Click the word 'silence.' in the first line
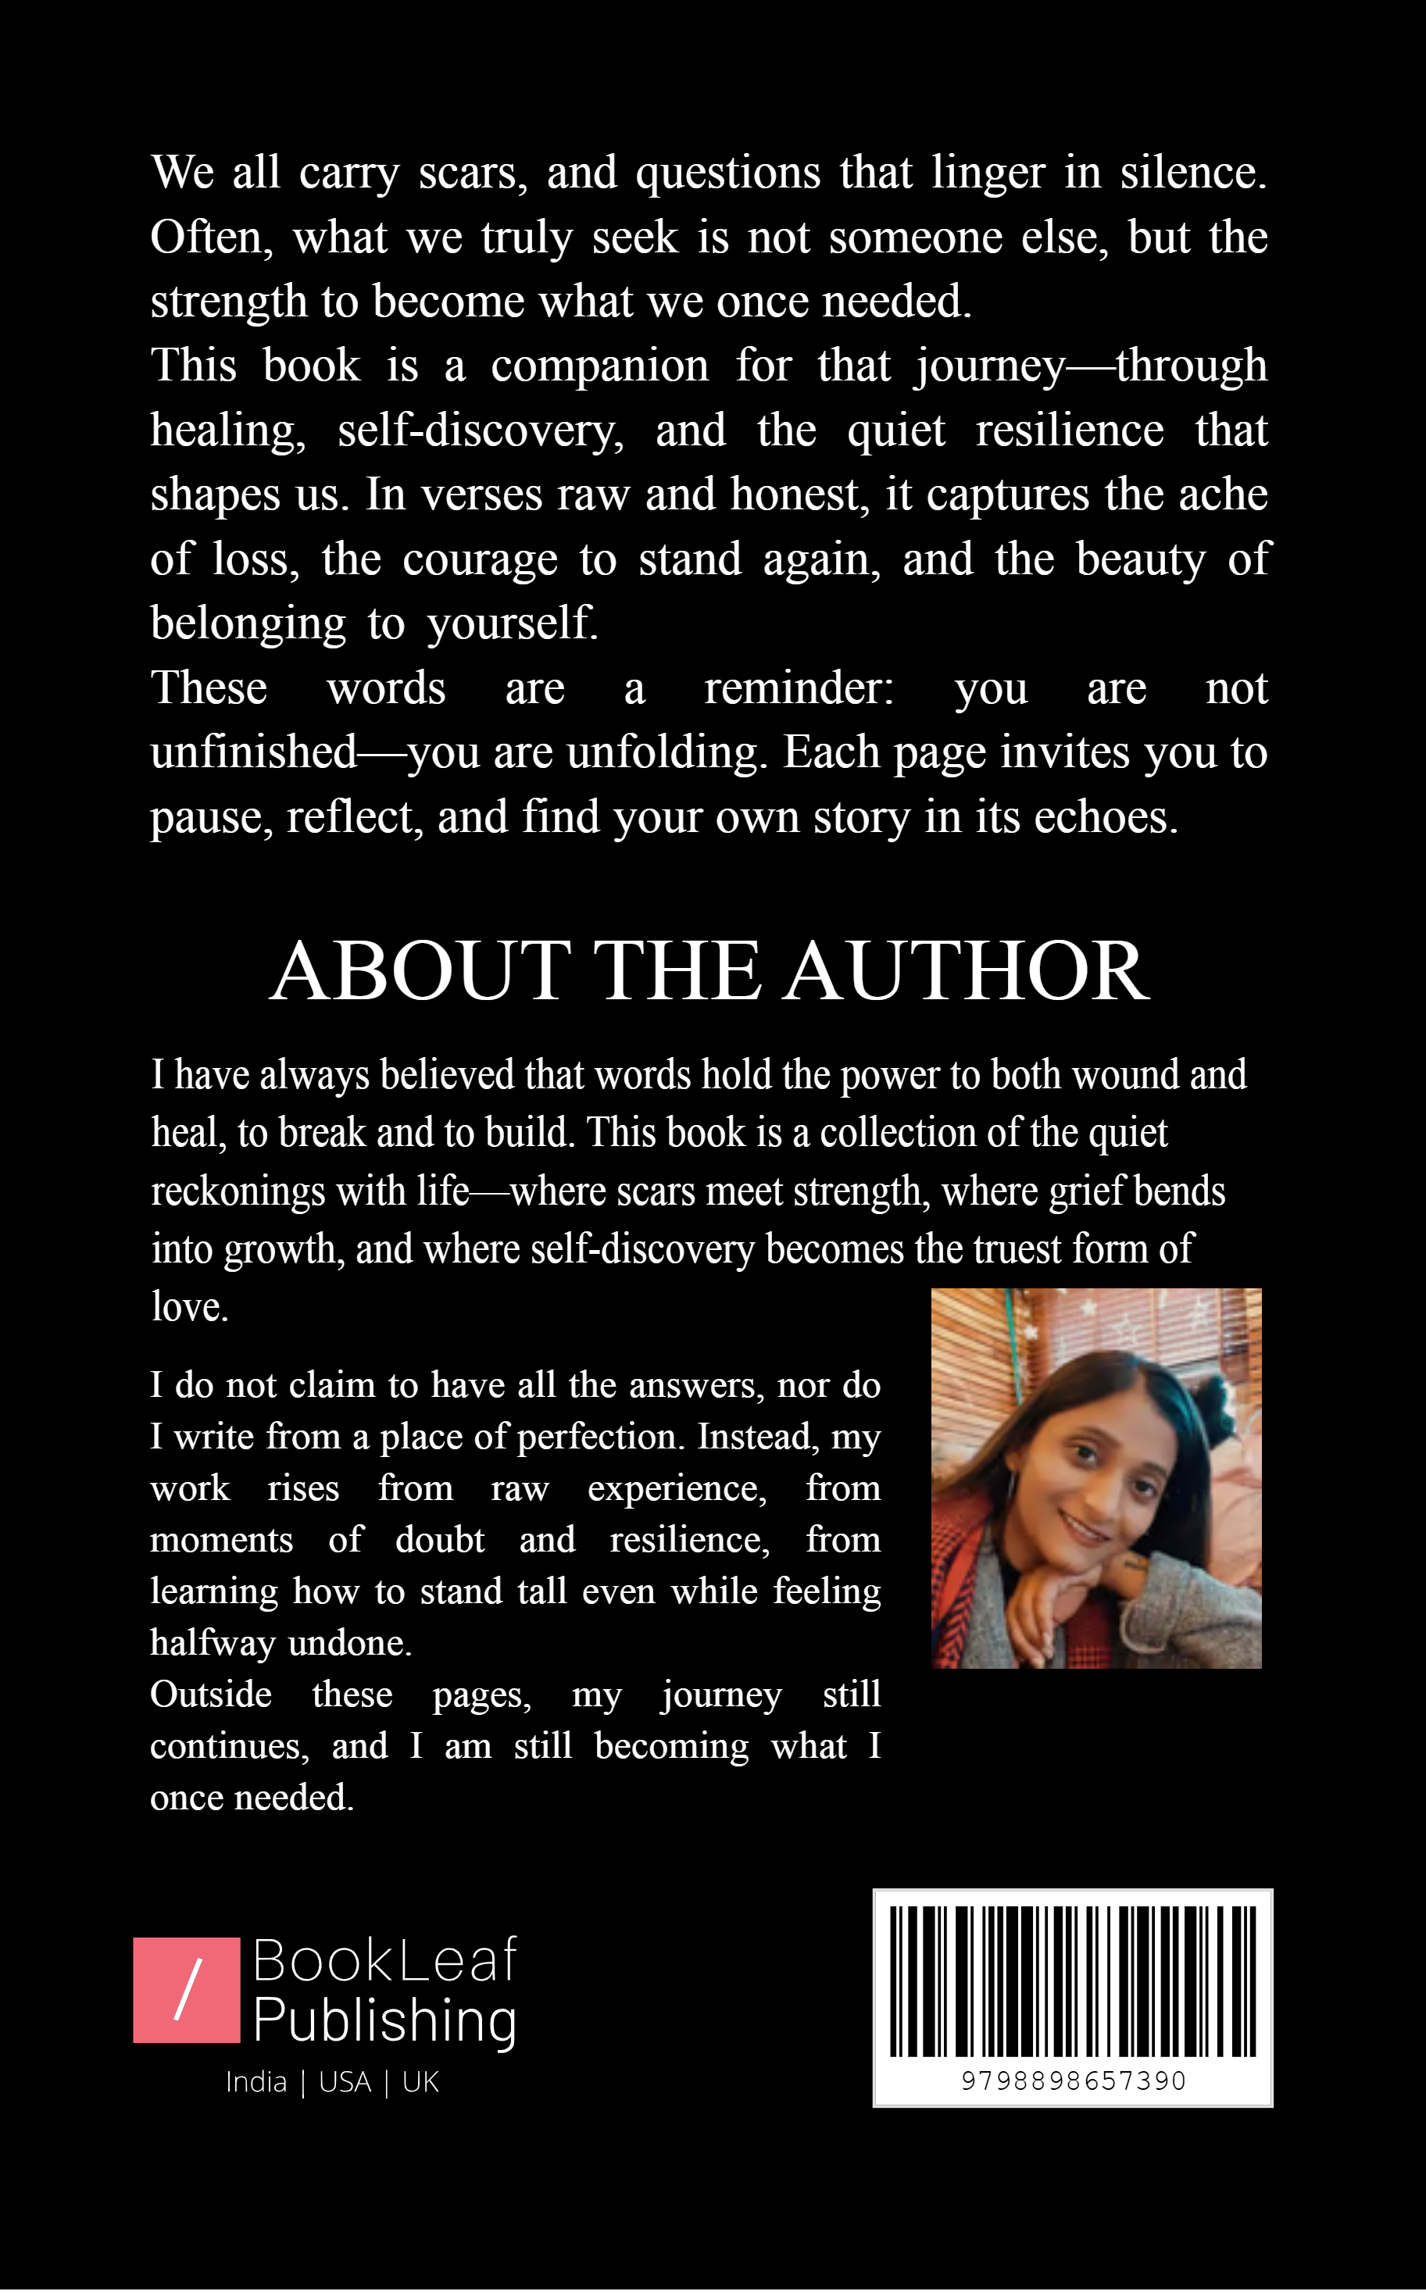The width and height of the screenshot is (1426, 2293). click(x=1193, y=173)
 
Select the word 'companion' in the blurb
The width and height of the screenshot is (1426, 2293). click(x=599, y=366)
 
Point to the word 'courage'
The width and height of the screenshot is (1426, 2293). click(x=480, y=560)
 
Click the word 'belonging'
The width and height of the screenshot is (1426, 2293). click(x=248, y=624)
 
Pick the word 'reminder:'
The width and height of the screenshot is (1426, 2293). click(x=799, y=688)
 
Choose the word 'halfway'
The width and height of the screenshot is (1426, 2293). click(x=213, y=1643)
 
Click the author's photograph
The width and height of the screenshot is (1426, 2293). click(x=1096, y=1478)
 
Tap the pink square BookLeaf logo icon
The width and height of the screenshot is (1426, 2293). click(x=187, y=1991)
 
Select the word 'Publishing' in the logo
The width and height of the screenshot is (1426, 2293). click(x=384, y=2020)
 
